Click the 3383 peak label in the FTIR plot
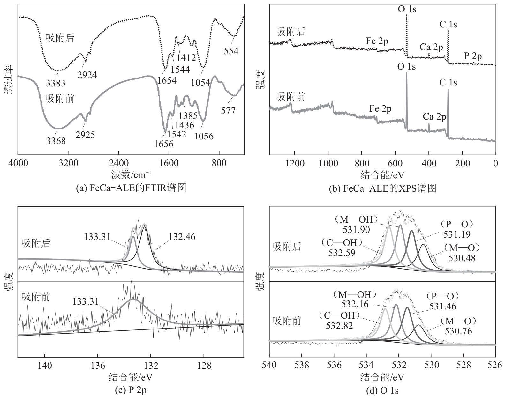pos(56,83)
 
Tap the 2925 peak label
pos(85,135)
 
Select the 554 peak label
pos(231,51)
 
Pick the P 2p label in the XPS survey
pos(473,56)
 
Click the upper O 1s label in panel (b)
pos(407,9)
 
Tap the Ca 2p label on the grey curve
pos(434,117)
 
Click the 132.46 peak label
pos(182,237)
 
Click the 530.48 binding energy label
pos(462,258)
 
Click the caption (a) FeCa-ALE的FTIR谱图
pos(131,188)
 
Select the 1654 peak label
pos(167,80)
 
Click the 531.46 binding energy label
pos(442,306)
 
